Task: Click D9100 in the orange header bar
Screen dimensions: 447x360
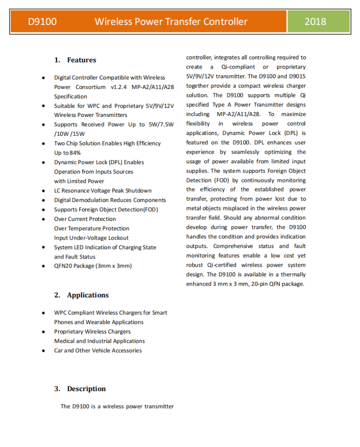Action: coord(42,21)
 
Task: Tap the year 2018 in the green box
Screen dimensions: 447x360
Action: coord(315,21)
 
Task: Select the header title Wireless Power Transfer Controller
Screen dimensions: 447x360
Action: coord(171,21)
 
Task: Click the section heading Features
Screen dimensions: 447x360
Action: coord(81,60)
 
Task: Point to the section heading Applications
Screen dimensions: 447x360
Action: coord(87,295)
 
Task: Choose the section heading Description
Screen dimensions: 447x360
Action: coord(86,389)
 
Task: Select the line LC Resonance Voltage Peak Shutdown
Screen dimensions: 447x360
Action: coord(103,191)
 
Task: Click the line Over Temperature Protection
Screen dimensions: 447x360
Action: coord(92,228)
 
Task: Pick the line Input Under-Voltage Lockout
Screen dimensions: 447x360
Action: coord(91,238)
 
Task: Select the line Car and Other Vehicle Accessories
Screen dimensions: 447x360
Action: coord(98,351)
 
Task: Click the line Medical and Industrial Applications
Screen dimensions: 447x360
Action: coord(99,341)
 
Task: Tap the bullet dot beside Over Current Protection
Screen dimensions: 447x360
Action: coord(43,219)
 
